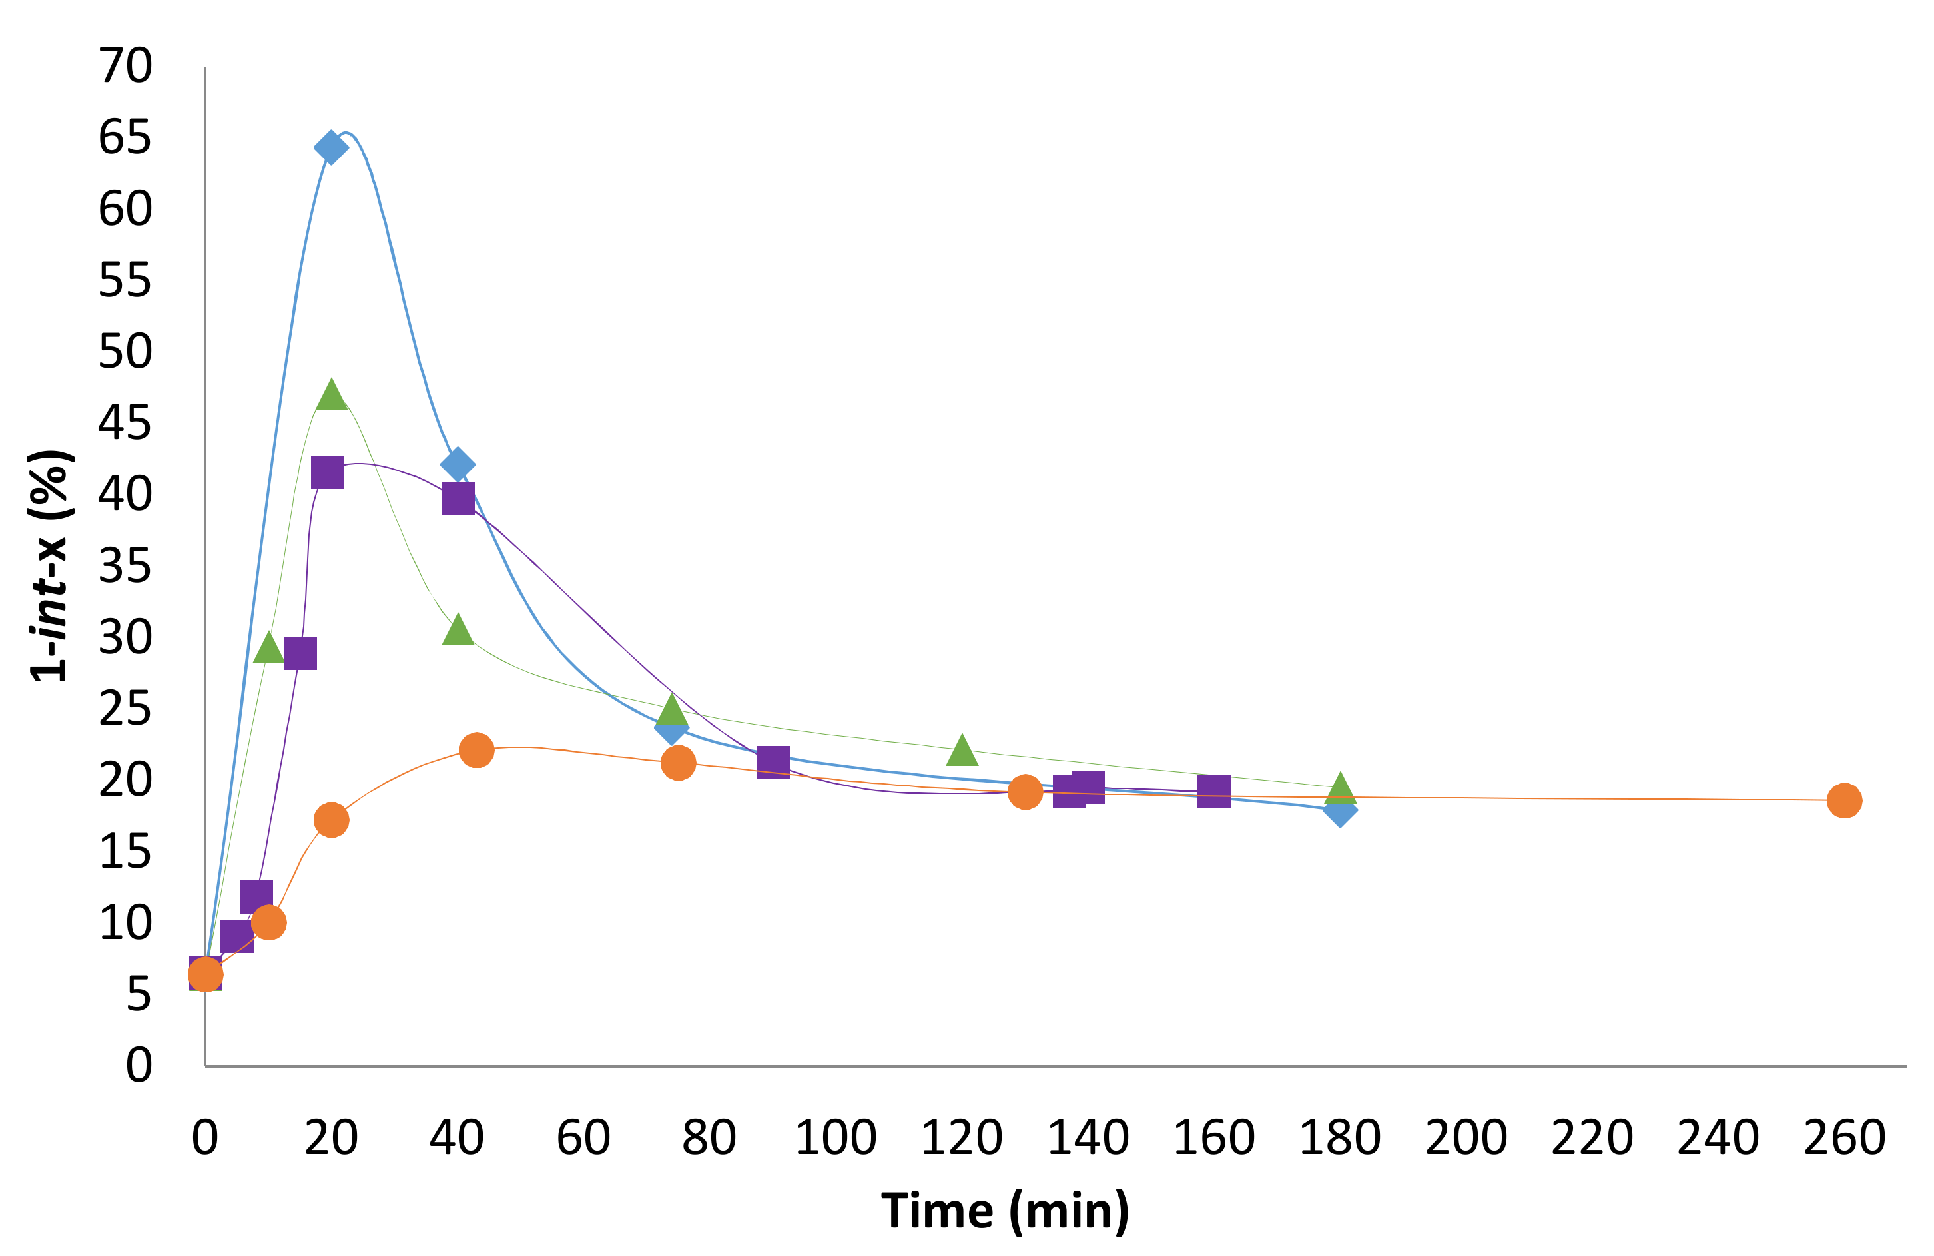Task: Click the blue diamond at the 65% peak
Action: [331, 147]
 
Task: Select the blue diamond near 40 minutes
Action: [458, 464]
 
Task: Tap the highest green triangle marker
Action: [331, 395]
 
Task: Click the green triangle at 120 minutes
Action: [962, 751]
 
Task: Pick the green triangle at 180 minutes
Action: [1340, 788]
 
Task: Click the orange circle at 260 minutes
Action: [1844, 801]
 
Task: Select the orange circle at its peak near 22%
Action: [476, 750]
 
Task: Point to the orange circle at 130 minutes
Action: [1026, 792]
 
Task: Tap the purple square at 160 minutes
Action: [1214, 791]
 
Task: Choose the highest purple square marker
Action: [328, 473]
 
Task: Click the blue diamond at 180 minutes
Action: [1340, 810]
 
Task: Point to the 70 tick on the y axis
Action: [125, 66]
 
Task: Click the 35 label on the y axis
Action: [125, 566]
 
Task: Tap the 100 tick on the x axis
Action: [835, 1138]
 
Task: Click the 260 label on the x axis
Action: [1844, 1138]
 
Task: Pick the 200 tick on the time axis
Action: [1466, 1138]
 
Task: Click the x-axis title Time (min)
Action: [1005, 1211]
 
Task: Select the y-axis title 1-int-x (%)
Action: [51, 565]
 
